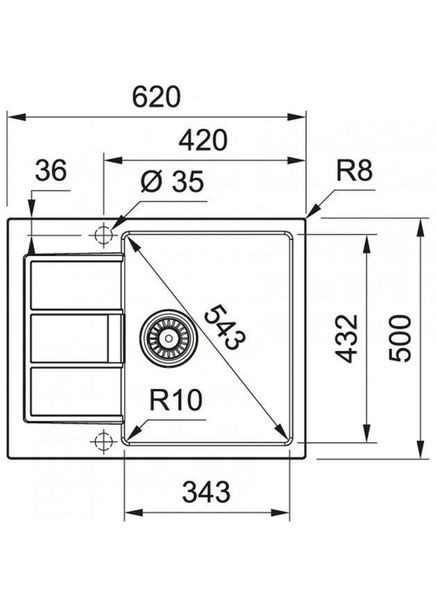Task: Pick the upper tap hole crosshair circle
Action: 102,235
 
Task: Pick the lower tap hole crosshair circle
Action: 102,441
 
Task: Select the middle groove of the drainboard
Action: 70,340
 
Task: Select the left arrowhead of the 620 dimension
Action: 12,117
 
